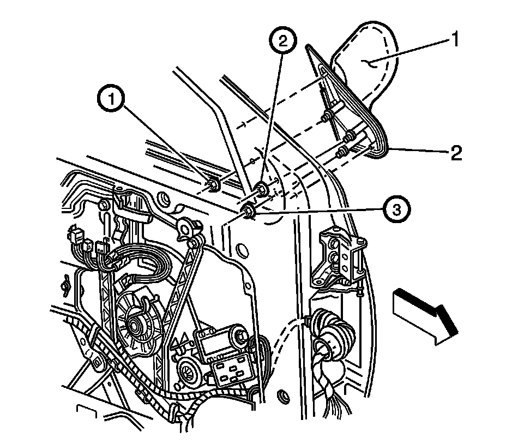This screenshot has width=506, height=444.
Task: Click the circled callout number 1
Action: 113,100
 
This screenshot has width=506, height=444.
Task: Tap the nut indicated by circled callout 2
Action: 262,189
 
